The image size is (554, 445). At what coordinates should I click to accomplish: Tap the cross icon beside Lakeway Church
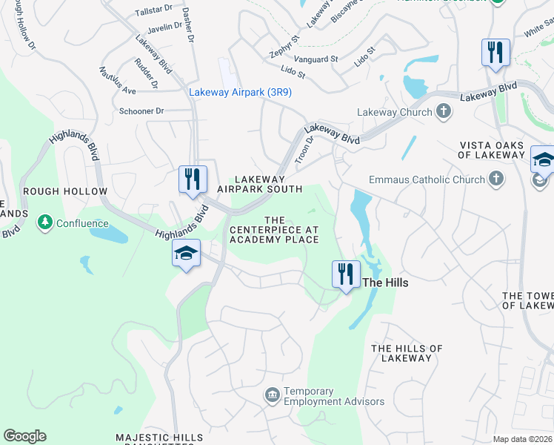[444, 112]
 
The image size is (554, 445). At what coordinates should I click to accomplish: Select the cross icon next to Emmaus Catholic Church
[495, 179]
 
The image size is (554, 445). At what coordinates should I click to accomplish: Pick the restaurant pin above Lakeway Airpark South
[192, 179]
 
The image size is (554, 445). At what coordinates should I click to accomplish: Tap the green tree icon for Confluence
[45, 222]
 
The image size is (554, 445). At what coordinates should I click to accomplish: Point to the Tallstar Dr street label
[153, 13]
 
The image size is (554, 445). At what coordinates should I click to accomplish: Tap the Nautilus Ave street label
[118, 80]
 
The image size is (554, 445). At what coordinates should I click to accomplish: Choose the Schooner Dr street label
[141, 111]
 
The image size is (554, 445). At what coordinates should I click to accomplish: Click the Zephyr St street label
[284, 46]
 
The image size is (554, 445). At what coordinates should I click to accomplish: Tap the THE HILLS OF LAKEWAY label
[407, 353]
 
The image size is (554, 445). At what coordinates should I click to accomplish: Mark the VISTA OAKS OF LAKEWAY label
[491, 151]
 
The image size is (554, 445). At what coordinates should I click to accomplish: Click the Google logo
[24, 436]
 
